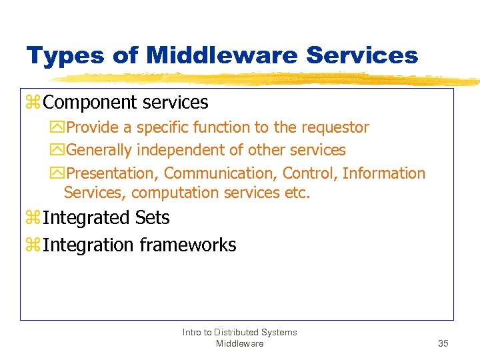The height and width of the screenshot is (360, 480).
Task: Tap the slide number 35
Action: [x=443, y=343]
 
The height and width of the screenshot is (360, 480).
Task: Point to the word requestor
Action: [x=335, y=127]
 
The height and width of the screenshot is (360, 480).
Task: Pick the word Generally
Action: [x=101, y=150]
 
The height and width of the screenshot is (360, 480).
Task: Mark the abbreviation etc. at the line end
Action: [x=298, y=193]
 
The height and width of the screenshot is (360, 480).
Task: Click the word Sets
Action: [x=152, y=218]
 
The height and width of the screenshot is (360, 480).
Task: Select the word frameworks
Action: [x=188, y=245]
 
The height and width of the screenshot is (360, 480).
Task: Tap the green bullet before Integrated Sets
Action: [x=33, y=219]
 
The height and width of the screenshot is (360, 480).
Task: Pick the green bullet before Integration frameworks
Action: [x=33, y=246]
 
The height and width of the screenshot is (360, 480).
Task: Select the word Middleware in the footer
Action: [x=239, y=343]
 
